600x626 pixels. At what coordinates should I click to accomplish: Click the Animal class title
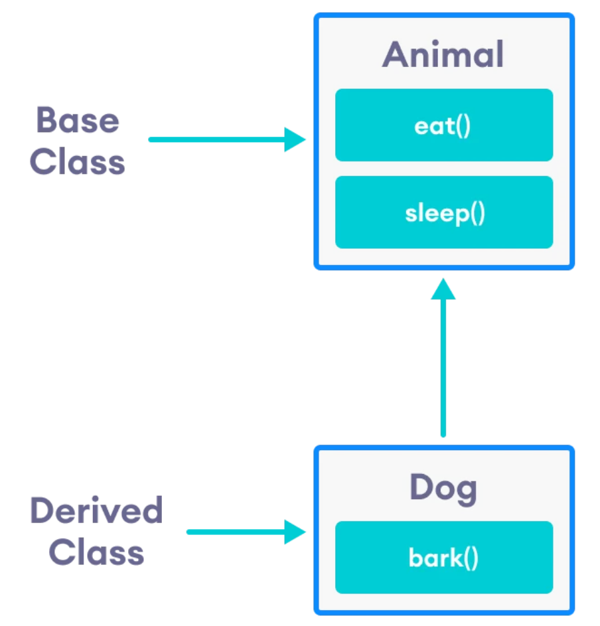[x=443, y=54]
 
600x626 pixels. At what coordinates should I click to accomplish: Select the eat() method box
[x=443, y=125]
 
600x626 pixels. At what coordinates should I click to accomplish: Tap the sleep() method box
[x=443, y=212]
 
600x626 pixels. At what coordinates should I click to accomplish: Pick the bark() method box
[x=443, y=558]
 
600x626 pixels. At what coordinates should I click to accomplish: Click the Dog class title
[x=443, y=489]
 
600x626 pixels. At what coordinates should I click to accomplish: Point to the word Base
[x=78, y=120]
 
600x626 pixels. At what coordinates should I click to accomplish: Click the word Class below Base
[x=78, y=161]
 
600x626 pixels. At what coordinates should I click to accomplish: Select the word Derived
[x=96, y=510]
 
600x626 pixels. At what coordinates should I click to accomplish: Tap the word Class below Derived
[x=96, y=552]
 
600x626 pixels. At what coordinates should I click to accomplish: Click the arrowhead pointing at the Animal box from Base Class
[x=294, y=139]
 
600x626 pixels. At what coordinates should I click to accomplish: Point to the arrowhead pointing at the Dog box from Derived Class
[x=294, y=532]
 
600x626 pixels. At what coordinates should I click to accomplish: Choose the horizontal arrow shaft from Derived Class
[x=236, y=532]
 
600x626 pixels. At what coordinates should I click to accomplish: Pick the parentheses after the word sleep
[x=477, y=213]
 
